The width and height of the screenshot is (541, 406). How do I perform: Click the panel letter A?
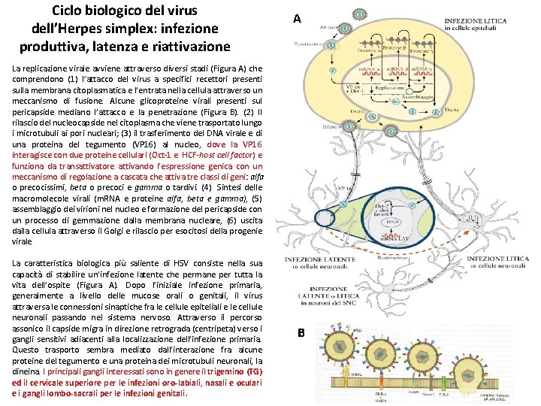point(298,19)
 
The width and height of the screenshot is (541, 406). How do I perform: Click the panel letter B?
point(301,332)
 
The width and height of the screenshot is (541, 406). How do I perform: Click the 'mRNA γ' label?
point(427,69)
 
